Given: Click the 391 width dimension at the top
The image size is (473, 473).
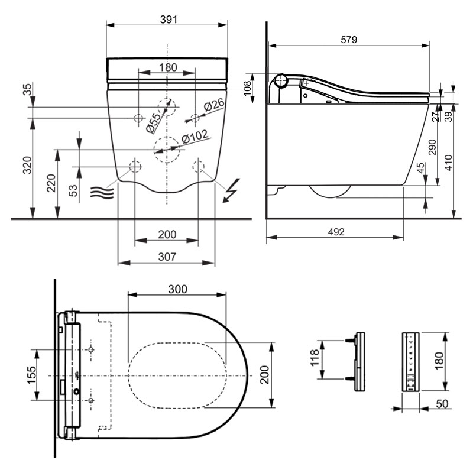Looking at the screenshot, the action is [x=169, y=20].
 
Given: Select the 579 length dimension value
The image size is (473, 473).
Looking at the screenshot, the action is [x=349, y=40].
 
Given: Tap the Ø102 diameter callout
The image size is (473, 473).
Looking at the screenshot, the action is [x=195, y=137].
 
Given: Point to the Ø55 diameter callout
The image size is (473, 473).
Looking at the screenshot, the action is [x=154, y=123].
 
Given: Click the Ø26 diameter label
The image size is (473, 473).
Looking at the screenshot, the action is [x=214, y=105].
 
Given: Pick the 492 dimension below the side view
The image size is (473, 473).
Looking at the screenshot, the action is [x=336, y=232].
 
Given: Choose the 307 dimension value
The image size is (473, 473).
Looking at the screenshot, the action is [x=167, y=257].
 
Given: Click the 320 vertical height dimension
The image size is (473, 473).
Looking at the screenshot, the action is [x=27, y=165].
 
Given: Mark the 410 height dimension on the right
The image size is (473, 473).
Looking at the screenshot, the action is [x=449, y=163].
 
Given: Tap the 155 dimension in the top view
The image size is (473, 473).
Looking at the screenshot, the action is [x=32, y=375].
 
